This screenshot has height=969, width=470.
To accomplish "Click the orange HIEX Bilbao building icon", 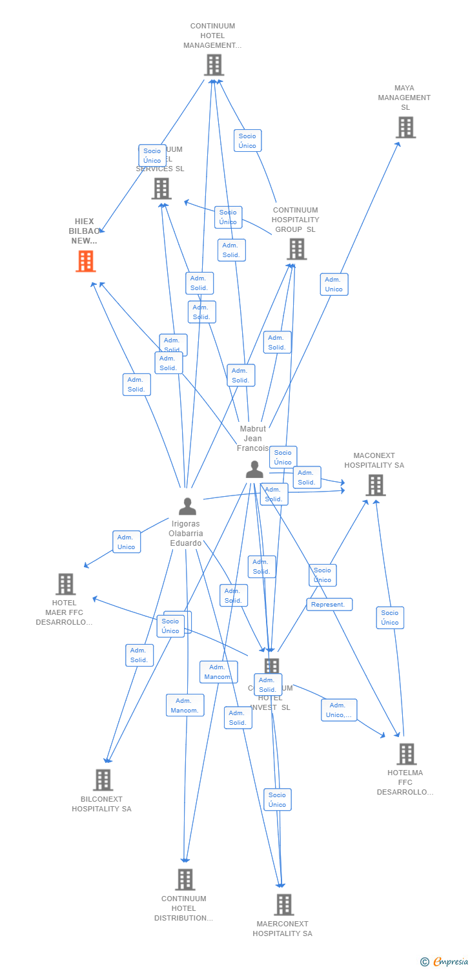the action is click(x=86, y=261).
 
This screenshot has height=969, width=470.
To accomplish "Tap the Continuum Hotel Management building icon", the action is click(x=213, y=65).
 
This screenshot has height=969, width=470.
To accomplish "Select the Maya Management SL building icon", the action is click(x=405, y=127).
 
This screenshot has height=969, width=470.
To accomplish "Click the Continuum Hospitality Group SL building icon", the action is click(x=296, y=249).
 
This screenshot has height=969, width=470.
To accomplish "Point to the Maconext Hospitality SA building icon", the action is click(x=375, y=484).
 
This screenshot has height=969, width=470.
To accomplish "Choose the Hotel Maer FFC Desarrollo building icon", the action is click(x=65, y=584).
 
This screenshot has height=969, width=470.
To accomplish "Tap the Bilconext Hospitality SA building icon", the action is click(x=103, y=780).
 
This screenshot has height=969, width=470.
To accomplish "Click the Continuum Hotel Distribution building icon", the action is click(x=185, y=879).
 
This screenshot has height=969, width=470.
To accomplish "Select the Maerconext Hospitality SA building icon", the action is click(x=283, y=904).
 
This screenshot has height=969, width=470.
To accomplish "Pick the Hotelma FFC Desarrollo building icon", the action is click(x=406, y=754).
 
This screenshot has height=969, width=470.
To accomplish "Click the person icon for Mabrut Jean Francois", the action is click(x=254, y=470).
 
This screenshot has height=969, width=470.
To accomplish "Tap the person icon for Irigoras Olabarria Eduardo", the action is click(x=187, y=506).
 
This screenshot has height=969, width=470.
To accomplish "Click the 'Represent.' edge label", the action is click(x=329, y=605).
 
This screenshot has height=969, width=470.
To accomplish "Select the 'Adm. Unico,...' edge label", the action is click(x=339, y=710).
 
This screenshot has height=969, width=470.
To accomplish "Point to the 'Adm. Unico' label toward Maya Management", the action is click(x=334, y=284).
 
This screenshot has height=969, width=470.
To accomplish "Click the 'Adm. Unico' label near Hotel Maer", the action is click(x=127, y=542).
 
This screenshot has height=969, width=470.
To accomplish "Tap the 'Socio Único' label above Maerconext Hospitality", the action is click(x=277, y=799).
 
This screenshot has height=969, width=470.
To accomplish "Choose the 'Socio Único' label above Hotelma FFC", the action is click(x=390, y=618).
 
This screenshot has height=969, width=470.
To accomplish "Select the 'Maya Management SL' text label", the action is click(x=404, y=98).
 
